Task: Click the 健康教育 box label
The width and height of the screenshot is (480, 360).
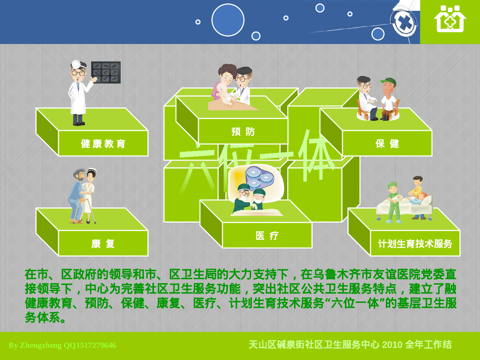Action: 103,144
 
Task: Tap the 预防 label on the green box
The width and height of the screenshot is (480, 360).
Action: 243,132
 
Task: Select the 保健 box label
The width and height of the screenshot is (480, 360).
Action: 387,144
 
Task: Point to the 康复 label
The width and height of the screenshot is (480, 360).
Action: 103,244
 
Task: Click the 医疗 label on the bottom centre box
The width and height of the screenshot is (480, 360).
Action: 267,236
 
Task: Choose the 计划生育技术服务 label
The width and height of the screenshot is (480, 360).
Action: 415,244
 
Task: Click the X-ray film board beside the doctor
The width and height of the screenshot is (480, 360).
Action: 106,72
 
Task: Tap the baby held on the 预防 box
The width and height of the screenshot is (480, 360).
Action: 224,93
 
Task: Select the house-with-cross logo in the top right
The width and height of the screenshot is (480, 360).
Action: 450,19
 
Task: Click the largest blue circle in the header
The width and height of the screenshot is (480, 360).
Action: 228,20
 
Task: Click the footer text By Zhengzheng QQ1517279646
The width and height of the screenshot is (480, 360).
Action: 62,345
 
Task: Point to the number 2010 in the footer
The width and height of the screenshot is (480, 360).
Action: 392,345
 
